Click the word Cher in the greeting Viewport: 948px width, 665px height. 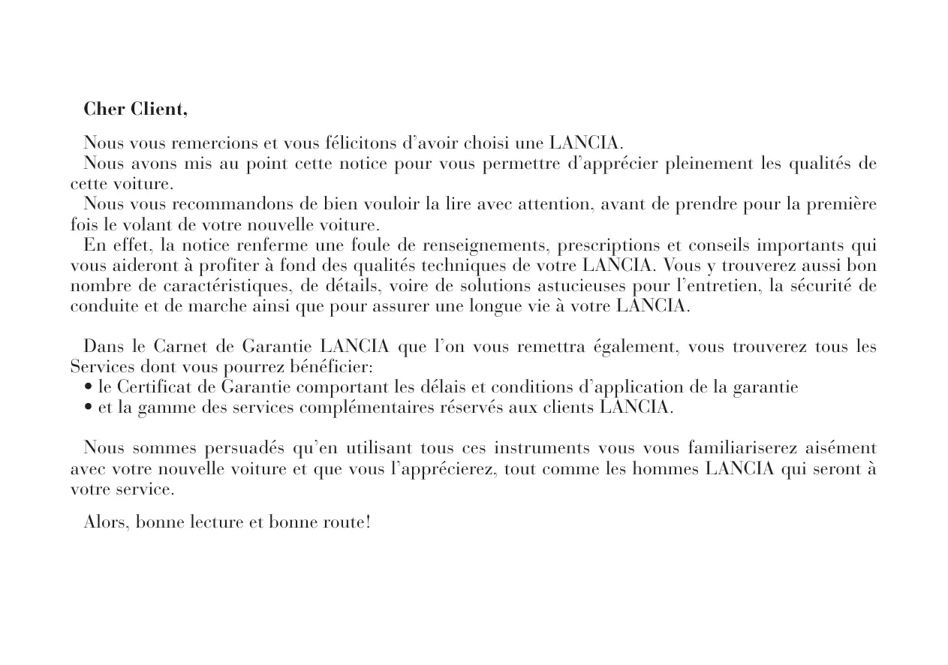pyautogui.click(x=104, y=110)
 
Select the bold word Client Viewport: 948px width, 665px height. pyautogui.click(x=158, y=110)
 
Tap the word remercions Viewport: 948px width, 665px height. pyautogui.click(x=212, y=143)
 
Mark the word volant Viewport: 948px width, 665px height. pyautogui.click(x=141, y=224)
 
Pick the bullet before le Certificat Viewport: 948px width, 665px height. pyautogui.click(x=89, y=388)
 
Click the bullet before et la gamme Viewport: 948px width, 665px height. pyautogui.click(x=89, y=408)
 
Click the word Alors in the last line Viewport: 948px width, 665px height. pyautogui.click(x=106, y=522)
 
